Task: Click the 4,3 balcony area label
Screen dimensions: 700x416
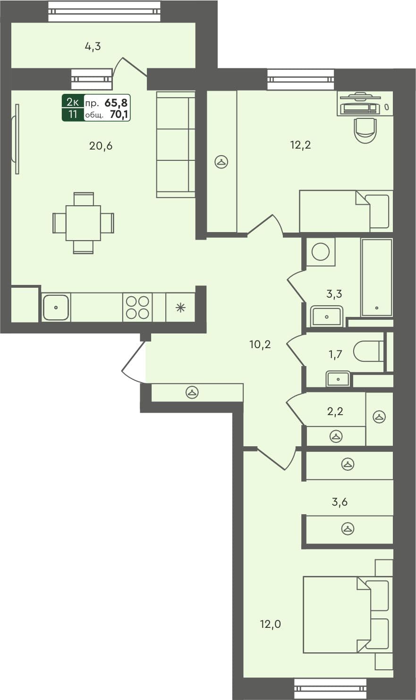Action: click(x=93, y=46)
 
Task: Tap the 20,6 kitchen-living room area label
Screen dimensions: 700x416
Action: click(x=101, y=146)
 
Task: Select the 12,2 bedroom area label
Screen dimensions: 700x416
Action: click(x=300, y=145)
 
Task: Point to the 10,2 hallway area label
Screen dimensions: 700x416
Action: click(x=260, y=344)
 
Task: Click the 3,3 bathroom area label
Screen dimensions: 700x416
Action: click(x=334, y=293)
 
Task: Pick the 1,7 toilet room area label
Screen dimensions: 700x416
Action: click(x=335, y=354)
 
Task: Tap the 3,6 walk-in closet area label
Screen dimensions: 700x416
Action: click(x=340, y=501)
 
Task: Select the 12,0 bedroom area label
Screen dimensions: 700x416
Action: click(x=271, y=624)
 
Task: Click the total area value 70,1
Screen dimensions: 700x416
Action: click(x=119, y=114)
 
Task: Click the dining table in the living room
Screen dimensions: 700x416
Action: click(x=83, y=223)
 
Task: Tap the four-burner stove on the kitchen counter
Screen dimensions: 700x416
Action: click(x=137, y=307)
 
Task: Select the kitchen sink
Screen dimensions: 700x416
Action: click(x=56, y=307)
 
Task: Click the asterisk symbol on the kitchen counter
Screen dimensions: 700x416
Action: click(x=180, y=308)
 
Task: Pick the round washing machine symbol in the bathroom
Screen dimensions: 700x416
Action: click(x=321, y=251)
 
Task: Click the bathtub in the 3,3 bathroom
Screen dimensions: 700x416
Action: click(x=376, y=277)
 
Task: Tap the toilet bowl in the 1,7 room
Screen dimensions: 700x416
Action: click(x=368, y=351)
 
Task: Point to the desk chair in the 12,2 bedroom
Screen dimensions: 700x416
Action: click(x=365, y=129)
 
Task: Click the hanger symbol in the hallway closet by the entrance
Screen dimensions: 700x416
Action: click(x=192, y=392)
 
